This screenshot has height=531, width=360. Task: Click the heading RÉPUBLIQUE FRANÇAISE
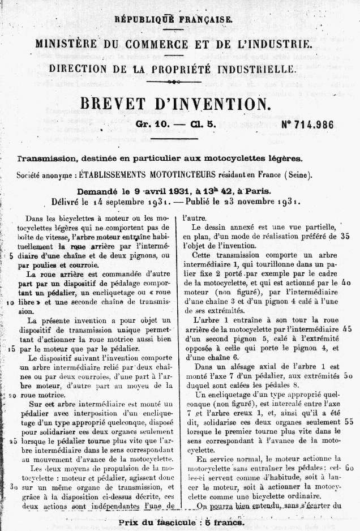173,19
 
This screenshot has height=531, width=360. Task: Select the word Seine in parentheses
298,175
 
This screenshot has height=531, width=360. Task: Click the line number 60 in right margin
349,469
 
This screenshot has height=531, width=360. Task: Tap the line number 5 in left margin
12,256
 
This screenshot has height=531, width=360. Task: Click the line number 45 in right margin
348,328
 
